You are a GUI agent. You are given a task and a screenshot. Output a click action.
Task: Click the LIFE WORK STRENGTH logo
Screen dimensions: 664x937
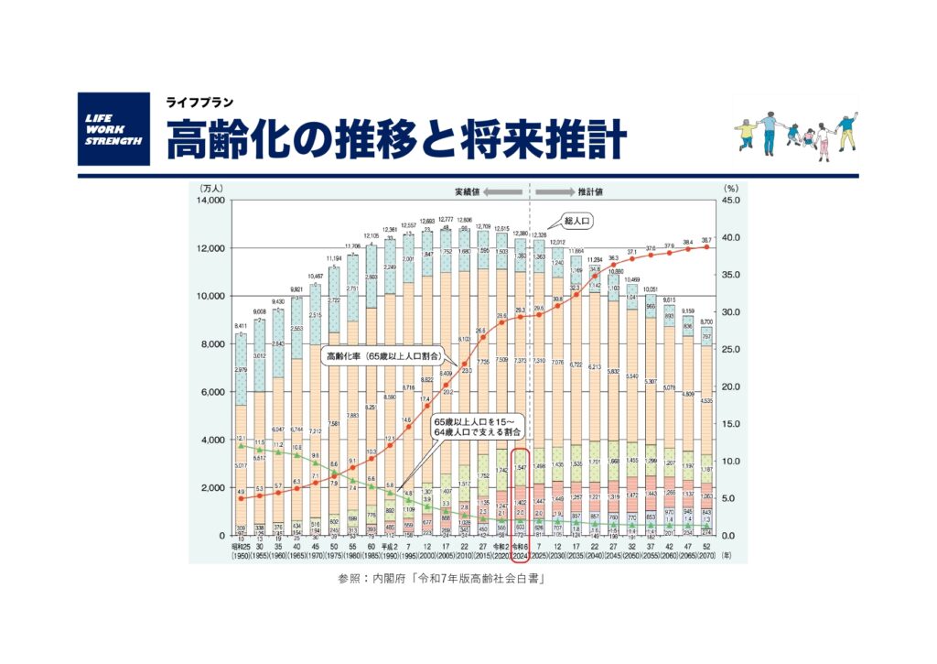click(x=113, y=128)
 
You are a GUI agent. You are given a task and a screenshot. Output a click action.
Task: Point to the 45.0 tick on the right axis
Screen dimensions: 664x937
click(x=731, y=200)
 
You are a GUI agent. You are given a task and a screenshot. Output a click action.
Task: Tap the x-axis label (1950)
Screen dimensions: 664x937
click(x=241, y=555)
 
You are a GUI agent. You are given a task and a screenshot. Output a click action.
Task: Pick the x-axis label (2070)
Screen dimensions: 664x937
click(x=704, y=555)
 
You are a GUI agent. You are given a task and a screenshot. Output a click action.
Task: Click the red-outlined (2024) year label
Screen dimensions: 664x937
click(x=519, y=555)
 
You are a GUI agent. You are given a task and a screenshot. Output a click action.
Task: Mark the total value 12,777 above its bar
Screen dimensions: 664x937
click(x=447, y=220)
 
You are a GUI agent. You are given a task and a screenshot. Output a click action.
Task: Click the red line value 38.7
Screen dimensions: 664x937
click(x=705, y=239)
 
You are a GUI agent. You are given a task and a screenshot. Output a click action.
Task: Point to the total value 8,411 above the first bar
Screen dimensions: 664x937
click(x=240, y=326)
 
